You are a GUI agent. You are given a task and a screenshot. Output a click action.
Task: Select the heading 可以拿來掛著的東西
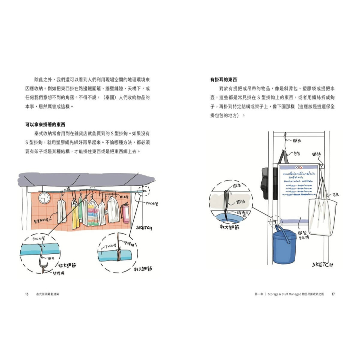tap(45, 125)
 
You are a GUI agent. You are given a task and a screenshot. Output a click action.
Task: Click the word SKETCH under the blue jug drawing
tap(322, 265)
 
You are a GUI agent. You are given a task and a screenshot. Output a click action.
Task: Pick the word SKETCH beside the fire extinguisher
tap(144, 228)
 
